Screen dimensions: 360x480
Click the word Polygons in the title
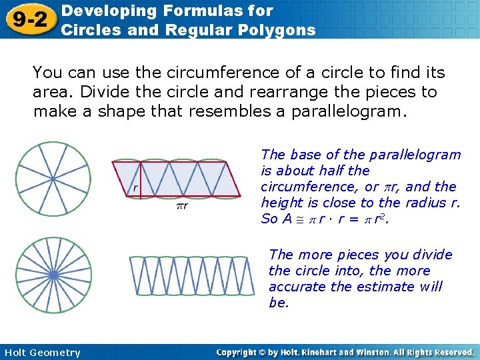point(279,29)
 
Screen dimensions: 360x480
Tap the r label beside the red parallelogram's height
point(135,188)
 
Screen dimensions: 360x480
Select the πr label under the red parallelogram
point(181,206)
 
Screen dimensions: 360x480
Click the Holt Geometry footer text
point(41,353)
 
